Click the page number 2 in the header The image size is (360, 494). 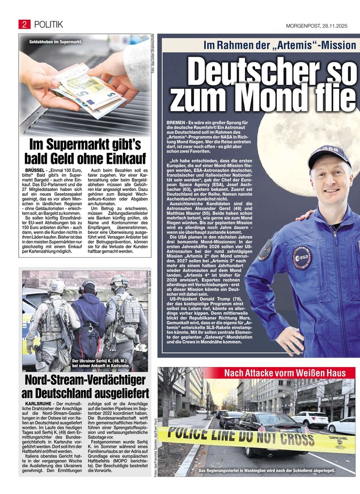[x=24, y=23]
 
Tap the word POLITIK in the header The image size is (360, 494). [x=48, y=23]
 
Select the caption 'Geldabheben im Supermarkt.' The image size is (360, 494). [x=56, y=42]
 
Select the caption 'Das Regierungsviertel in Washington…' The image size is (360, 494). [x=266, y=471]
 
